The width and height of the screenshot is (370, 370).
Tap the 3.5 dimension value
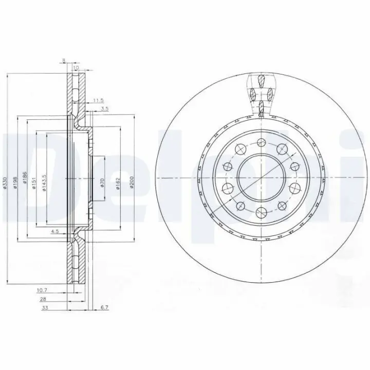click(104, 109)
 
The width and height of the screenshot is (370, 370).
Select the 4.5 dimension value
click(54, 232)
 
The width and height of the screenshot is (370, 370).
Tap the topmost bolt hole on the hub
click(261, 142)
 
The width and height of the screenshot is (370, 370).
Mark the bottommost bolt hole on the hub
click(261, 211)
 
